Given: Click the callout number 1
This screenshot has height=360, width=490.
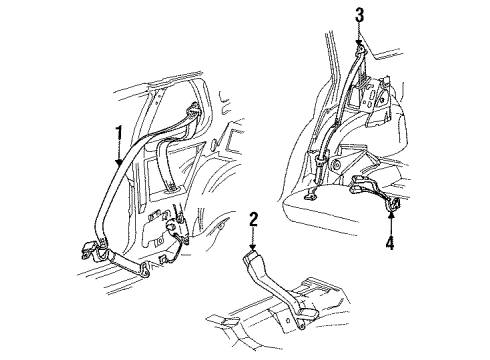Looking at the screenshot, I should (x=118, y=132).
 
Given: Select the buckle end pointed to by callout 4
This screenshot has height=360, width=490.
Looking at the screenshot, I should (x=389, y=207).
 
